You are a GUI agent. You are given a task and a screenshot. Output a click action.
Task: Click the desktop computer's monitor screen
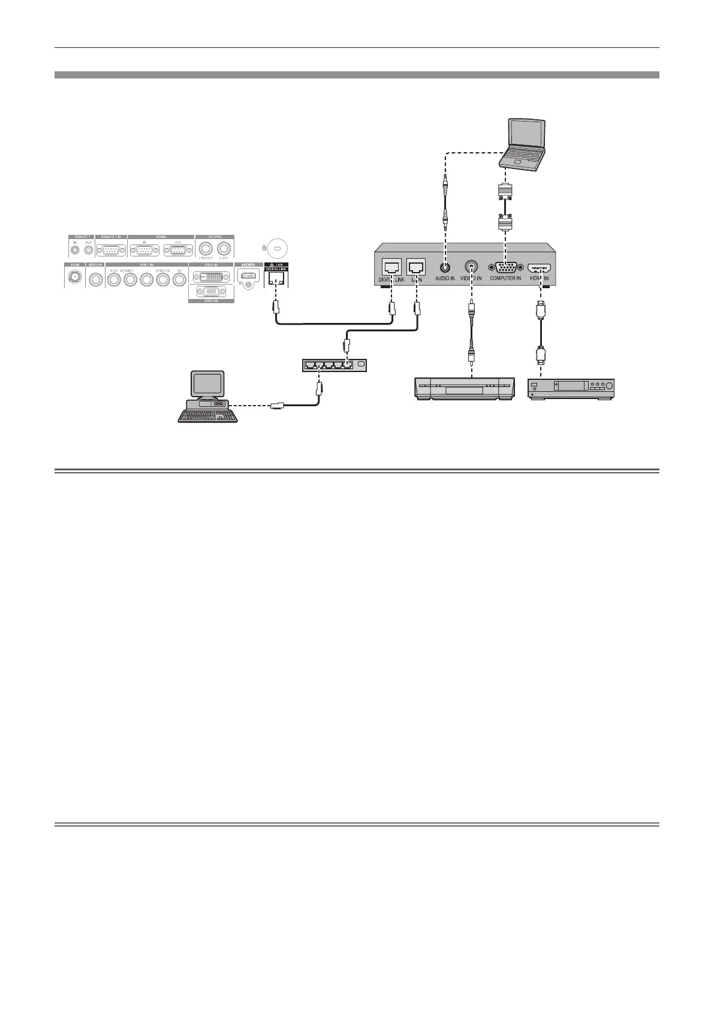[207, 383]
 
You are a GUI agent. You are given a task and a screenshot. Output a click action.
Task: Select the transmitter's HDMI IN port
[539, 269]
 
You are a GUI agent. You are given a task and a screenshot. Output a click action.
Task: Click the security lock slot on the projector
[276, 247]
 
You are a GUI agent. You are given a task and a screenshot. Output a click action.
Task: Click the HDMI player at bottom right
[571, 388]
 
